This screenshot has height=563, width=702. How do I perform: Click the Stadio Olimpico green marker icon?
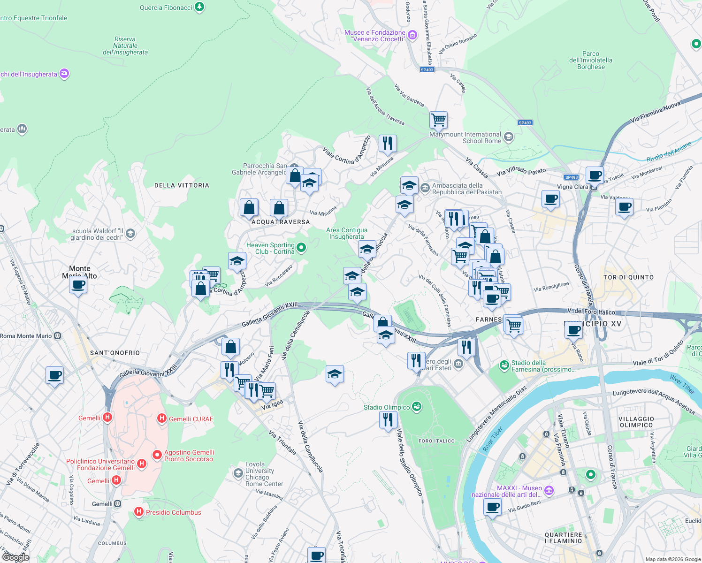pyautogui.click(x=416, y=406)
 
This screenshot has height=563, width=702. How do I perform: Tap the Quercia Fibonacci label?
pyautogui.click(x=166, y=8)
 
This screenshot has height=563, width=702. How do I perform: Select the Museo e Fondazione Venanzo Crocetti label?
pyautogui.click(x=375, y=36)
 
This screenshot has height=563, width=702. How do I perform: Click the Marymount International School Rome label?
pyautogui.click(x=465, y=137)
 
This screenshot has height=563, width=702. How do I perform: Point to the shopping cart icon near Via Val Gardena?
pyautogui.click(x=438, y=120)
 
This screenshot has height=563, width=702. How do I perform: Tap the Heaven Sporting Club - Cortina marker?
pyautogui.click(x=301, y=247)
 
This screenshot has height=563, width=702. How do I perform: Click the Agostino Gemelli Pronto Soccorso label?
pyautogui.click(x=189, y=456)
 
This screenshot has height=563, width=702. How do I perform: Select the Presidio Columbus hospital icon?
pyautogui.click(x=138, y=512)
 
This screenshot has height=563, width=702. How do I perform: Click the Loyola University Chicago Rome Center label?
pyautogui.click(x=264, y=474)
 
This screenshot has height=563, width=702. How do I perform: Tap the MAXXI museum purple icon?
pyautogui.click(x=549, y=491)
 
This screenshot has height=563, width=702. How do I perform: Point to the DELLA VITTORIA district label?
pyautogui.click(x=182, y=185)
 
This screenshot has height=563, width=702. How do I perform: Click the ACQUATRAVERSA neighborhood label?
pyautogui.click(x=281, y=222)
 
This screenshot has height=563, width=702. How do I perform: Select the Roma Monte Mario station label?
pyautogui.click(x=26, y=336)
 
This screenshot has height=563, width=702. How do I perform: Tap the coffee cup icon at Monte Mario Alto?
pyautogui.click(x=78, y=284)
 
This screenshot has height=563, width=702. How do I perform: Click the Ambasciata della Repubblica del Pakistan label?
pyautogui.click(x=466, y=189)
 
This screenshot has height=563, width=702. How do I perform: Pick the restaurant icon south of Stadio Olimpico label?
pyautogui.click(x=388, y=419)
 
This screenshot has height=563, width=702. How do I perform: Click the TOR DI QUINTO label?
pyautogui.click(x=628, y=277)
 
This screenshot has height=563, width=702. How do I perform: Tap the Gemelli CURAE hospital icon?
pyautogui.click(x=161, y=418)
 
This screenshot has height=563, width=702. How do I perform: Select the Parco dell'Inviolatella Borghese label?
pyautogui.click(x=590, y=60)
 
